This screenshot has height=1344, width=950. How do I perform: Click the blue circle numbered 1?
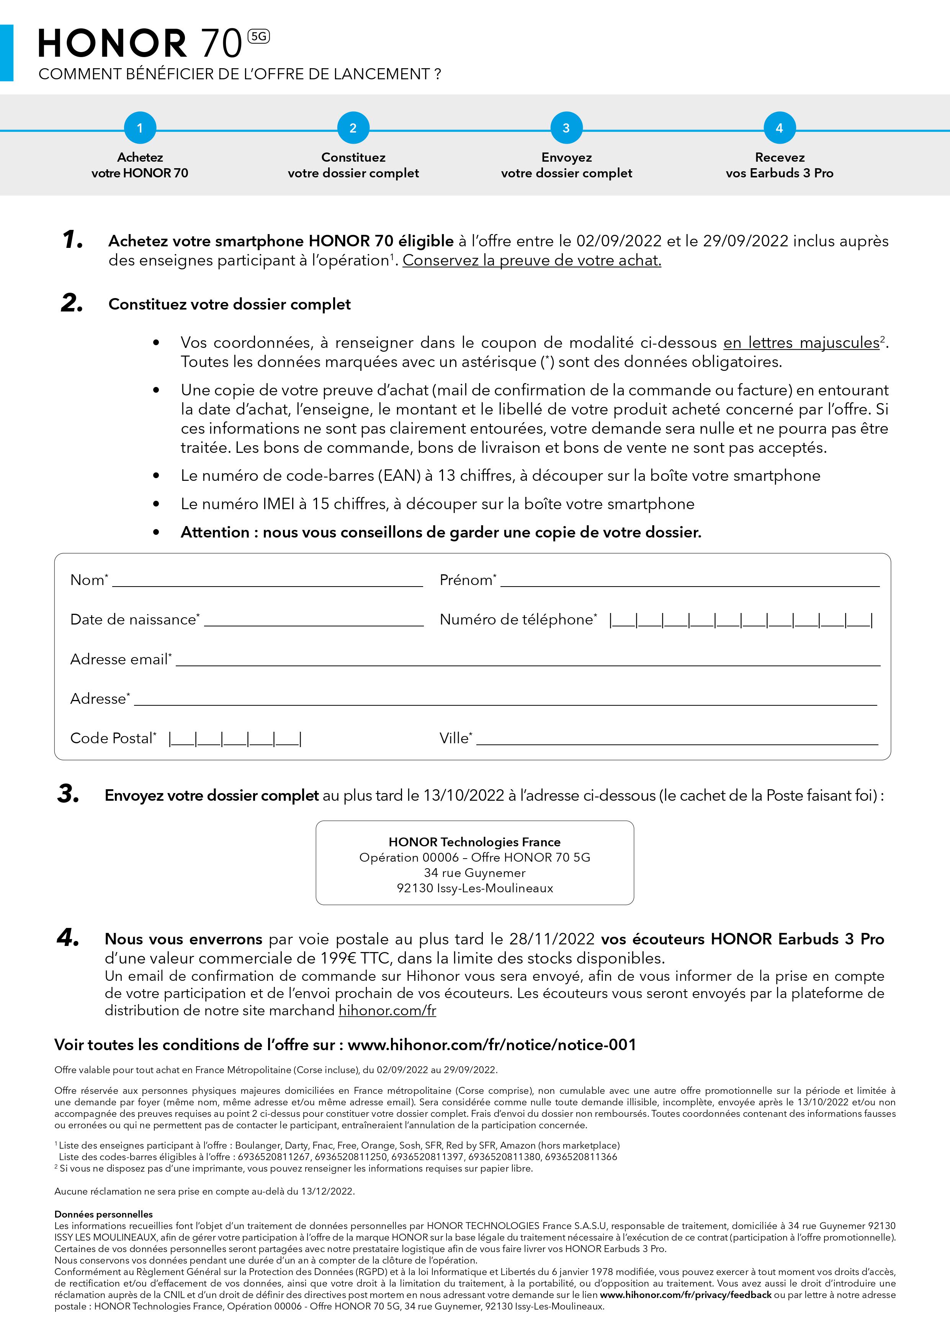coord(140,128)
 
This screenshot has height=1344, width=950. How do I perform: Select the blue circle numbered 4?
coord(779,128)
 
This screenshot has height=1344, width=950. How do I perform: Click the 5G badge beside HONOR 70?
coord(258,36)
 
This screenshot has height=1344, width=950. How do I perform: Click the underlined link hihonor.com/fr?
coord(387,1010)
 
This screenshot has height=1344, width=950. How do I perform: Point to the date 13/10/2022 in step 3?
coord(463,795)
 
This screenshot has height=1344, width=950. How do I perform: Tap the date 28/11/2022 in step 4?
coord(552,939)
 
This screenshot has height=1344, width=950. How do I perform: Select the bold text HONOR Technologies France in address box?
coord(474,842)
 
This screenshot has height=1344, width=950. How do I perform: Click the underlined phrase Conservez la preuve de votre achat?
coord(532,261)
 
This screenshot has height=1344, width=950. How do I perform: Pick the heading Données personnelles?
coord(103,1214)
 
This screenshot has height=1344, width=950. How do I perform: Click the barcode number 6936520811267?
coord(274,1157)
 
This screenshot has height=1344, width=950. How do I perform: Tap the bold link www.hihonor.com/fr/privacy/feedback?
coord(685,1295)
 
